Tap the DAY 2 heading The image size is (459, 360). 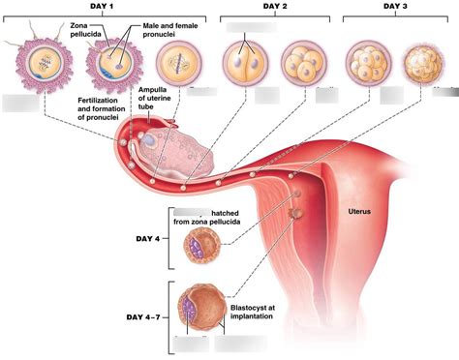click(278, 6)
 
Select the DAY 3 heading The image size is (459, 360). click(395, 6)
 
